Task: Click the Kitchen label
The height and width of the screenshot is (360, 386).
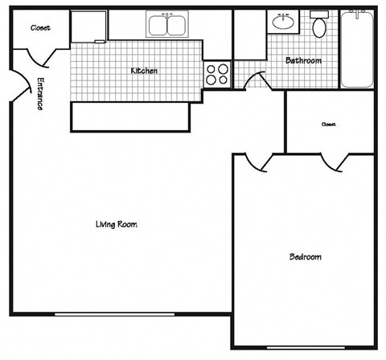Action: (x=144, y=71)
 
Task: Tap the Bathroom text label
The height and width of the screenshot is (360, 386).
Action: (x=303, y=60)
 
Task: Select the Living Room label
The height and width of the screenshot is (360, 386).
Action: (x=117, y=224)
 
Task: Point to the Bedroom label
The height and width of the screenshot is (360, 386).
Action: (x=305, y=257)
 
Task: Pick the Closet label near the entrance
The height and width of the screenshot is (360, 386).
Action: (x=40, y=27)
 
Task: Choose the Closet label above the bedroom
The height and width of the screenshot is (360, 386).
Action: (x=328, y=125)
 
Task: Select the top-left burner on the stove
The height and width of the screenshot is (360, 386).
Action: (x=212, y=68)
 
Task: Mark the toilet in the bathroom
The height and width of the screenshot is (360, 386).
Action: (x=319, y=27)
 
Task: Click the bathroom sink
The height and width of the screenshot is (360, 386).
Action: (x=282, y=22)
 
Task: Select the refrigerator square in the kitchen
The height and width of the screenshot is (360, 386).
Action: (x=88, y=27)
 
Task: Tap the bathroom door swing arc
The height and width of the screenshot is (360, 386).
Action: (x=256, y=81)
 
